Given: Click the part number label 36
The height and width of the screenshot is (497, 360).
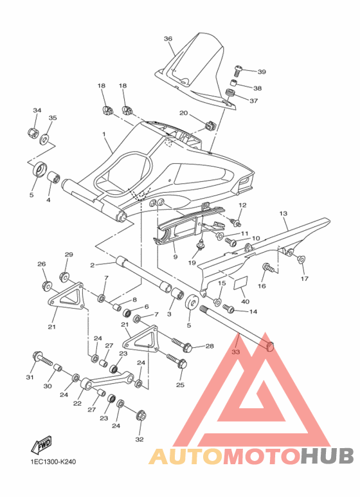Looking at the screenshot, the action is click(x=168, y=39).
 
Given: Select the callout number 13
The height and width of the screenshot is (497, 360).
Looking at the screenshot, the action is click(x=283, y=213).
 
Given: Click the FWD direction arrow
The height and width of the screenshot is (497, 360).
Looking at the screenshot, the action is click(x=41, y=445).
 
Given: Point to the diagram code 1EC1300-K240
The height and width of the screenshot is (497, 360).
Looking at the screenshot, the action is click(x=53, y=462).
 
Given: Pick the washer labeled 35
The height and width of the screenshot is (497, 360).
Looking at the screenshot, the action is click(x=45, y=138).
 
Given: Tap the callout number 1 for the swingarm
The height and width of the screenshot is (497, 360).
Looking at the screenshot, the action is click(x=104, y=134).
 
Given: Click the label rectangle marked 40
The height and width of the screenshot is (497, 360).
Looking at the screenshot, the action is click(x=240, y=282).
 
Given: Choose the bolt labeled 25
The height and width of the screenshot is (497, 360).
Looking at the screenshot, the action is click(x=177, y=361).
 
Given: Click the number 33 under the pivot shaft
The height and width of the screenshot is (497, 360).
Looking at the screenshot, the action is click(x=236, y=352).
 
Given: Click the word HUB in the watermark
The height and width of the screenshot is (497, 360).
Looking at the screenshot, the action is click(x=327, y=456).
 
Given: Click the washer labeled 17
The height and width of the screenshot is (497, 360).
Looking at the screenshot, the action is click(x=301, y=259).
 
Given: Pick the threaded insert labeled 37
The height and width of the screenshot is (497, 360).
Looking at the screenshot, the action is click(x=230, y=93).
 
